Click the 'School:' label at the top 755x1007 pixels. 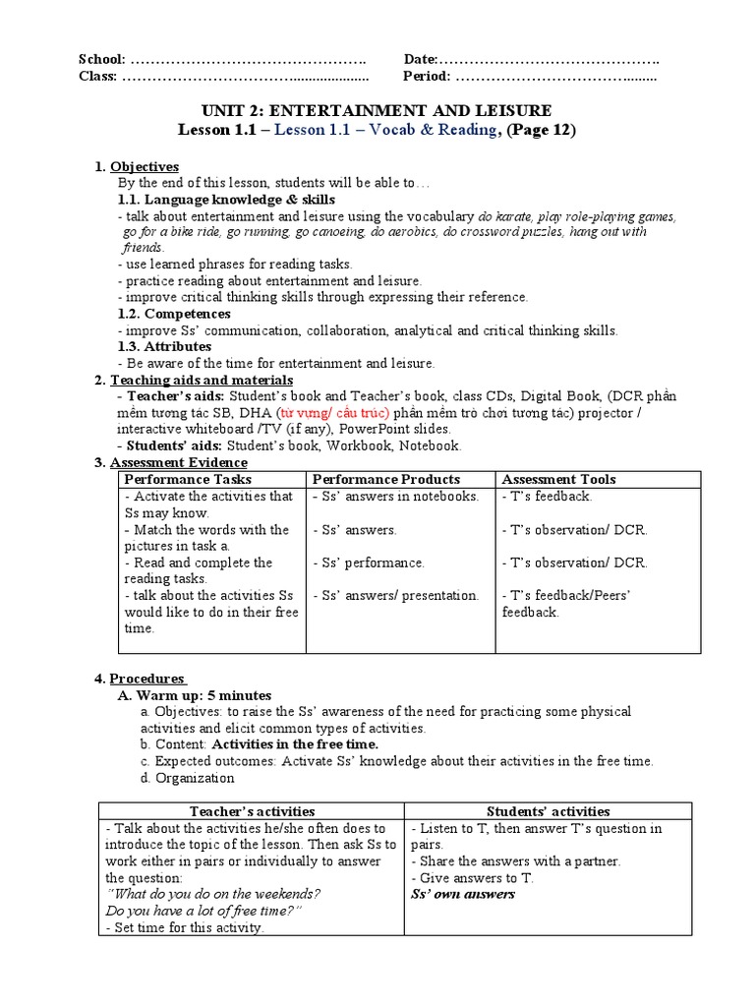(x=101, y=59)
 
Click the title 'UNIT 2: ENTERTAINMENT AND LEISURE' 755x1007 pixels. (x=377, y=110)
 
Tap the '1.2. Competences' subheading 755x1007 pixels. (x=174, y=314)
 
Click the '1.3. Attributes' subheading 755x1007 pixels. (x=164, y=346)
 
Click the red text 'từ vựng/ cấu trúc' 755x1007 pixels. (x=333, y=412)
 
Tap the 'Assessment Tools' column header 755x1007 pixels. (x=558, y=479)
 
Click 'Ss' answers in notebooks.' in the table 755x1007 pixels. (x=396, y=497)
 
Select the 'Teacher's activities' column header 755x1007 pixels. (x=252, y=811)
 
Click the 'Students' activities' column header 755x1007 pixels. (x=548, y=811)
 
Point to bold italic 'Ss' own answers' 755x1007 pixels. (x=462, y=894)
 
